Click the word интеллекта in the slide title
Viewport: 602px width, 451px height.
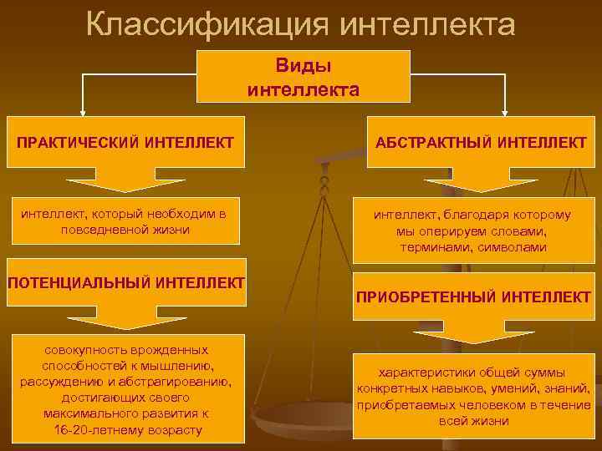[x=428, y=25]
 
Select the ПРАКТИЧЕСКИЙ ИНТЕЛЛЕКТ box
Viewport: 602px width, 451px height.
[x=125, y=144]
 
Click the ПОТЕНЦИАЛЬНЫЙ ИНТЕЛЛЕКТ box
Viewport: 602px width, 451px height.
[x=125, y=282]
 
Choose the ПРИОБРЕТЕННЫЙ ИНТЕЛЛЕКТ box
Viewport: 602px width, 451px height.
[x=474, y=296]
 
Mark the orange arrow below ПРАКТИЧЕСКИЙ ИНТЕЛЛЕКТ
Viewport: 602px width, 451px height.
[x=125, y=177]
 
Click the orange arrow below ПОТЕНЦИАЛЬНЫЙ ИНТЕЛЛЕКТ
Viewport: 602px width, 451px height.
[x=125, y=315]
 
